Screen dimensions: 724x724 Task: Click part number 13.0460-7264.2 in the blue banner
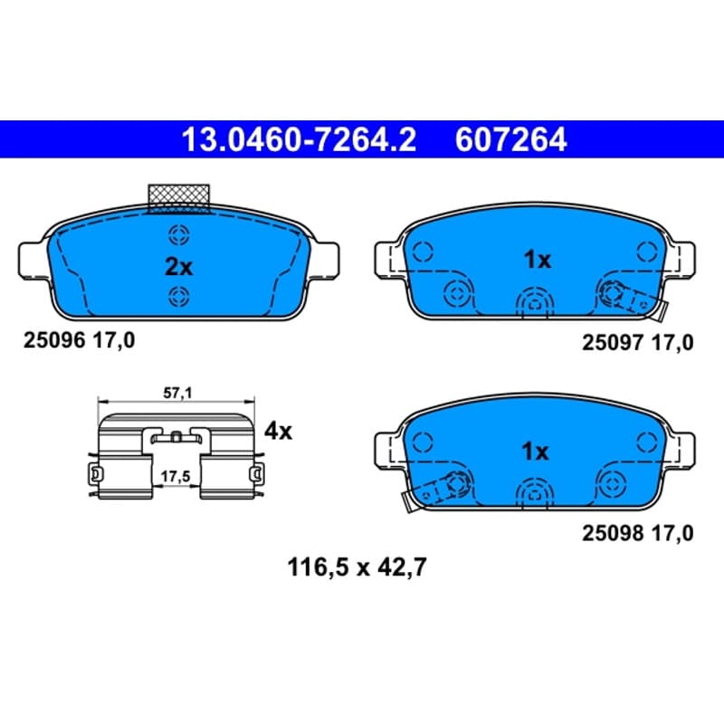[300, 139]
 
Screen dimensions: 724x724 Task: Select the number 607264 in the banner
[510, 139]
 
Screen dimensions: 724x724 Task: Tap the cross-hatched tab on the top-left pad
[178, 199]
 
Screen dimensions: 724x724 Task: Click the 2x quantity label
[178, 266]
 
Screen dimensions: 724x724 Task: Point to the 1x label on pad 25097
[537, 260]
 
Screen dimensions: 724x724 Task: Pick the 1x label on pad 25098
[535, 451]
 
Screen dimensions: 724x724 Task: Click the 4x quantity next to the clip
[278, 432]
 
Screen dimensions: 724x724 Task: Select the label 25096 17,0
[80, 341]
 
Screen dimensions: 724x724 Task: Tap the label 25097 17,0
[638, 343]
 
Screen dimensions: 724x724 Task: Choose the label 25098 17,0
[638, 533]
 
